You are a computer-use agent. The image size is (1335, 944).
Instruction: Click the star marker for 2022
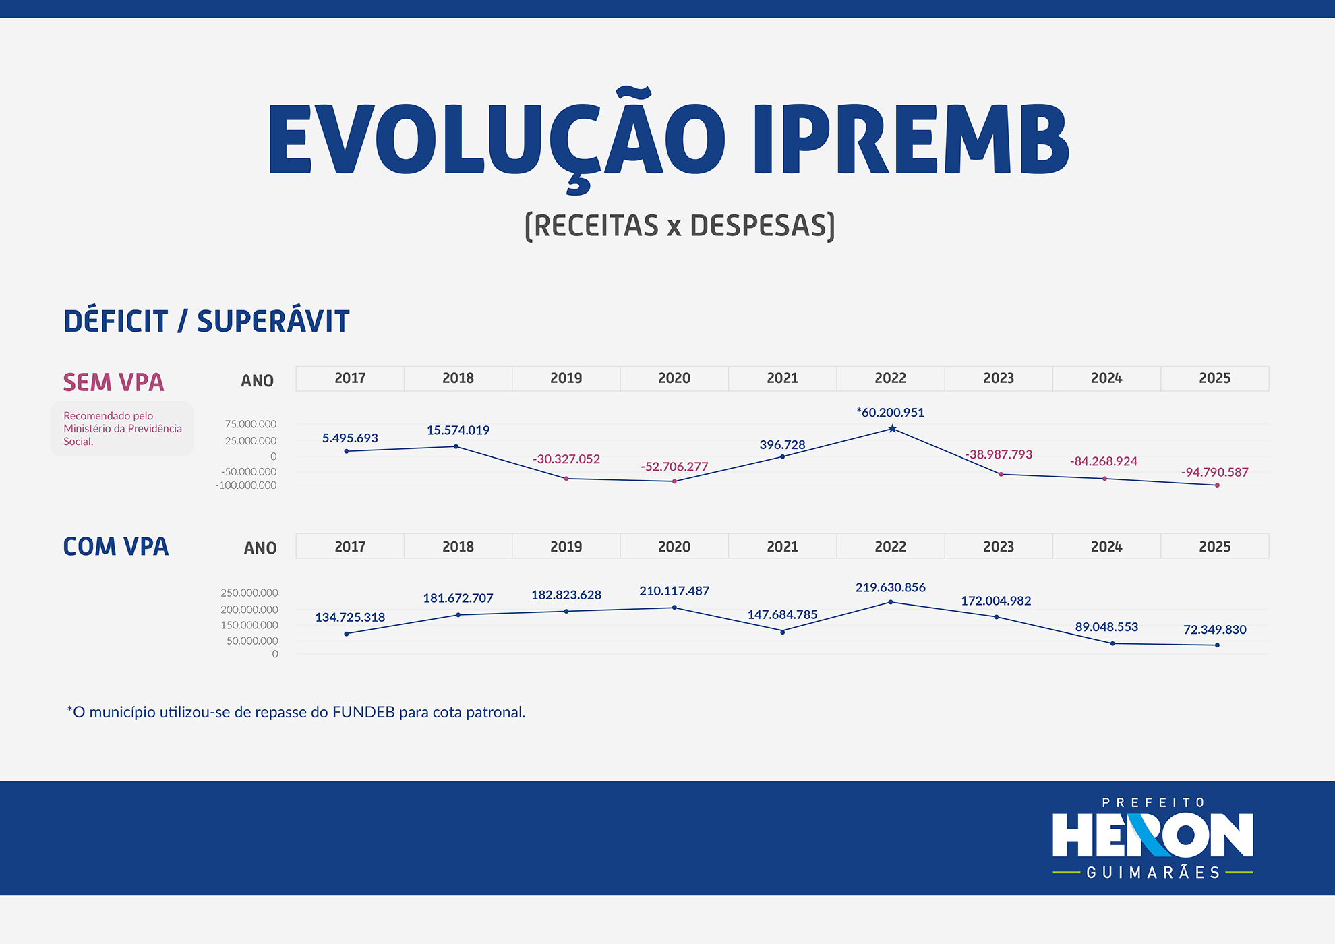pos(892,429)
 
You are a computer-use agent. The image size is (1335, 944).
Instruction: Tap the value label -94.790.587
pos(1214,472)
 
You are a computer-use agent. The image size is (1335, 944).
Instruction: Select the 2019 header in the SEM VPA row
pos(566,378)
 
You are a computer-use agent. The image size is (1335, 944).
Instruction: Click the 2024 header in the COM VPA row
pos(1106,547)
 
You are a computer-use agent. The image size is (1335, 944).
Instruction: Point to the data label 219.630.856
pos(890,587)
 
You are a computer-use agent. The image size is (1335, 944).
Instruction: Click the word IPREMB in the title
pos(910,140)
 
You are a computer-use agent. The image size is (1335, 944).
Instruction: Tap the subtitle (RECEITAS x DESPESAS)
pos(680,226)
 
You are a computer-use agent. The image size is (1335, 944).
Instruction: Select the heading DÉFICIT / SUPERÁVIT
pos(206,320)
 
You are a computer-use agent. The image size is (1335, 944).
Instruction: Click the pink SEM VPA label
pos(113,382)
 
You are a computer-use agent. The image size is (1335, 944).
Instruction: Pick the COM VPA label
pos(115,546)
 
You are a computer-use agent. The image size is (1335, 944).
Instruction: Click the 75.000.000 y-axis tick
pos(251,424)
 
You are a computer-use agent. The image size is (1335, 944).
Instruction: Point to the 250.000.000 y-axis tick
pos(249,593)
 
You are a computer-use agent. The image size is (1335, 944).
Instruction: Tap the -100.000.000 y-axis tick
pos(245,485)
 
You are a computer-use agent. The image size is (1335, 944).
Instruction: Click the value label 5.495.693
pos(350,438)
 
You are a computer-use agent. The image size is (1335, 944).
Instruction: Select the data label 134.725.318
pos(350,617)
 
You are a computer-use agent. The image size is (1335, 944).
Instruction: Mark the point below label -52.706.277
pos(674,481)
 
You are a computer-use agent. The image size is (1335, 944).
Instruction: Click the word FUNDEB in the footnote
pos(363,712)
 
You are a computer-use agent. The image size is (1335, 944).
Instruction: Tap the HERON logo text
pos(1153,835)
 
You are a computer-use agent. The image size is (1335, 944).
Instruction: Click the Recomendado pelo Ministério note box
pos(122,429)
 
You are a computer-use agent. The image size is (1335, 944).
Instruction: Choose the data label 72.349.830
pos(1214,630)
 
